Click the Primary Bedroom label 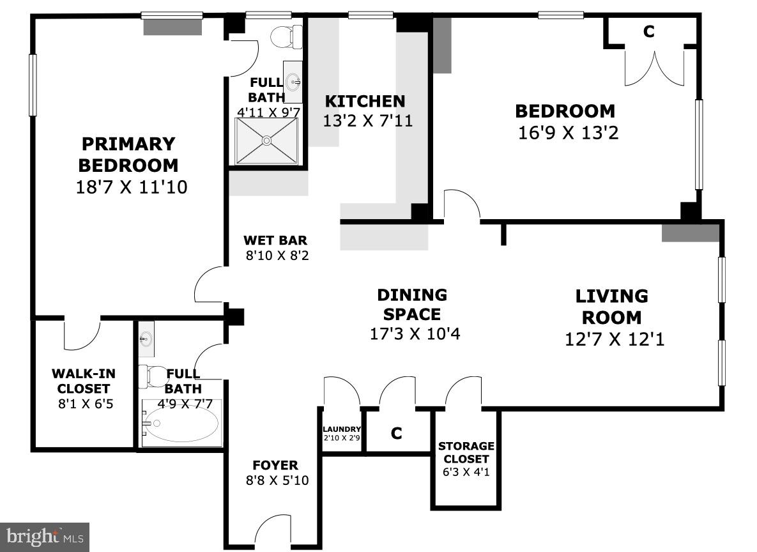coord(128,155)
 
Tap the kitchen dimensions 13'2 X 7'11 coord(367,121)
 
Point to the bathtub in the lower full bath coord(181,424)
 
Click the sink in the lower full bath coord(146,339)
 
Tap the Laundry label coord(342,429)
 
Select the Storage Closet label coord(466,452)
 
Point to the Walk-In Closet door coord(82,333)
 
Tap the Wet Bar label coord(275,241)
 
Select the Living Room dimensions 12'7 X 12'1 coord(615,339)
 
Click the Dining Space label coord(411,304)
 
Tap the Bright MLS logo coord(45,537)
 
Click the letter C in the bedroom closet coord(649,32)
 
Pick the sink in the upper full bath coord(293,81)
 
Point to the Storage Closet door coord(463,393)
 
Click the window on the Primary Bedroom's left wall coord(33,85)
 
